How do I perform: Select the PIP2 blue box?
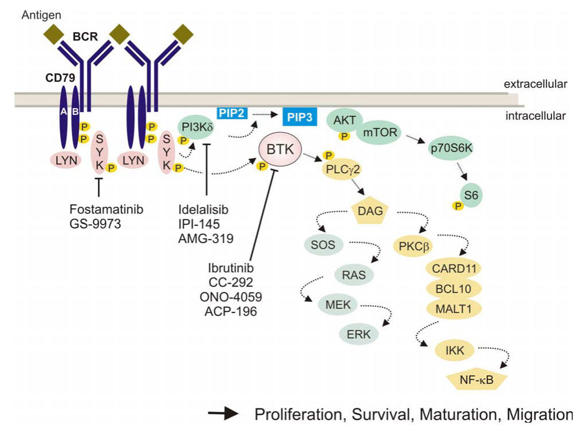232,113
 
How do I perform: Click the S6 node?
471,195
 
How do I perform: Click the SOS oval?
324,246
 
